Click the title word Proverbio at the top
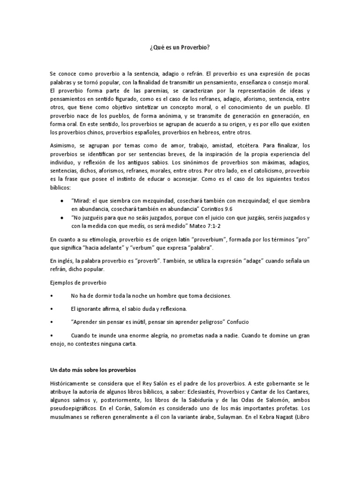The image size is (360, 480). click(190, 47)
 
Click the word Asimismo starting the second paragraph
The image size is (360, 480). click(63, 146)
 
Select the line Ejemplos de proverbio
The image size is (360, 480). click(78, 284)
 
